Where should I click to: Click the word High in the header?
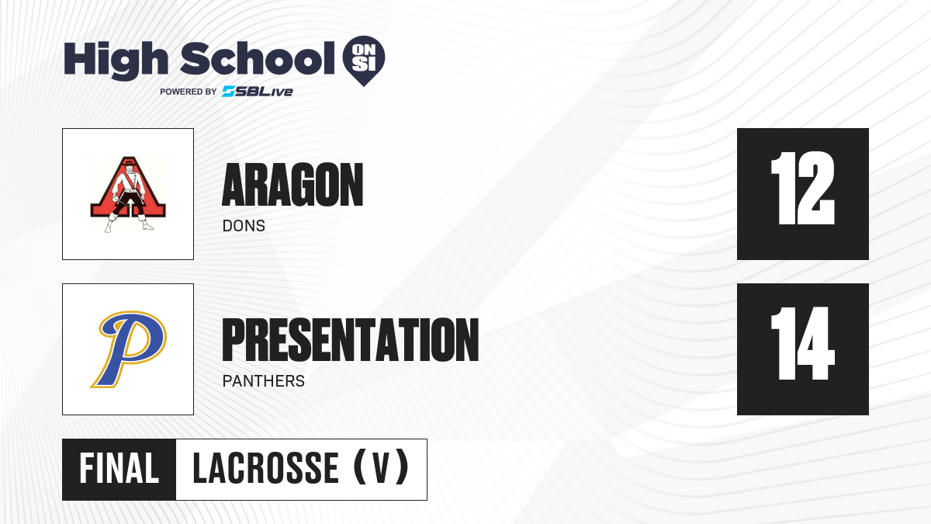coord(116,60)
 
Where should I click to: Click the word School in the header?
coord(258,58)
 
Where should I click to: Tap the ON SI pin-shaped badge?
coord(364,61)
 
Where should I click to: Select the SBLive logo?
coord(258,92)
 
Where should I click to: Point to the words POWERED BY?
coord(189,92)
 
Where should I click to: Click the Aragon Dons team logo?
coord(128,194)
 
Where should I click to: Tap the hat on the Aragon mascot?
coord(129,162)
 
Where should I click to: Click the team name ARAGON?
coord(292,185)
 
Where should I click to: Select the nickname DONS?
coord(244,226)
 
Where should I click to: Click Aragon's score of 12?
coord(802,189)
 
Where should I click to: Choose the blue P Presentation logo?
coord(129,349)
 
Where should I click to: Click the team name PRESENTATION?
coord(351,340)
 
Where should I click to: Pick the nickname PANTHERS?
coord(264,381)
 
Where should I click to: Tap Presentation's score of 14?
coord(802,343)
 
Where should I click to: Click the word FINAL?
coord(119,469)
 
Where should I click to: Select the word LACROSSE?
coord(265,469)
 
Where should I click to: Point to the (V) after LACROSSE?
coord(381,468)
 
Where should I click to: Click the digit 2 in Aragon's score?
coord(815,189)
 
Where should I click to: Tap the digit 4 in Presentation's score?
coord(814,343)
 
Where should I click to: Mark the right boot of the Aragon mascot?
coord(147,223)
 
